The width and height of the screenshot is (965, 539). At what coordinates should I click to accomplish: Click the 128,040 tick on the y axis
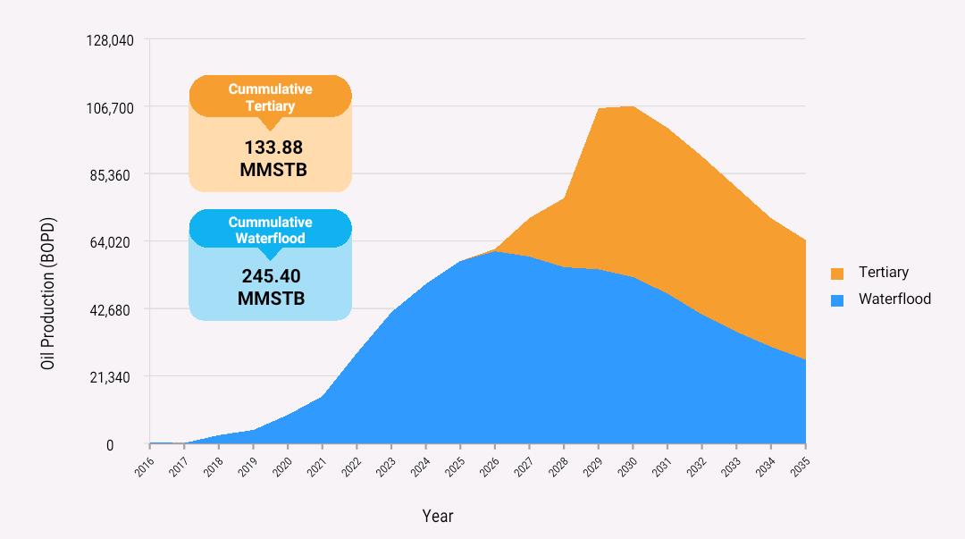110,40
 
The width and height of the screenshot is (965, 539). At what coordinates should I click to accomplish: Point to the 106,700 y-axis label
110,108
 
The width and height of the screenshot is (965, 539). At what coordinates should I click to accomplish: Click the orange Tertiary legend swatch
837,274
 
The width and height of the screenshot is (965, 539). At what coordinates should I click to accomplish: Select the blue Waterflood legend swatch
837,300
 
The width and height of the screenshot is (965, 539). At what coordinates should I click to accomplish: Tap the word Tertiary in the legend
883,273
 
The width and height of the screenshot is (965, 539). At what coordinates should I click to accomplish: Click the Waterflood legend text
894,299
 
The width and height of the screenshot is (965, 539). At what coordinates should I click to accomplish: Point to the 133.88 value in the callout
273,147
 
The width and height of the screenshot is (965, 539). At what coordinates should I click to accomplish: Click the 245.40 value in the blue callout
271,276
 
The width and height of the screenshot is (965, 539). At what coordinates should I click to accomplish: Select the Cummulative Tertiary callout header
270,97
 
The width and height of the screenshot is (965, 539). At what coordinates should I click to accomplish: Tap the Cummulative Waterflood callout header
270,230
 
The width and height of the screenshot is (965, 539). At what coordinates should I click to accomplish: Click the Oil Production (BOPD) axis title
48,294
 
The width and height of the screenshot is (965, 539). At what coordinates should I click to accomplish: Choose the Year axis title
438,516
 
